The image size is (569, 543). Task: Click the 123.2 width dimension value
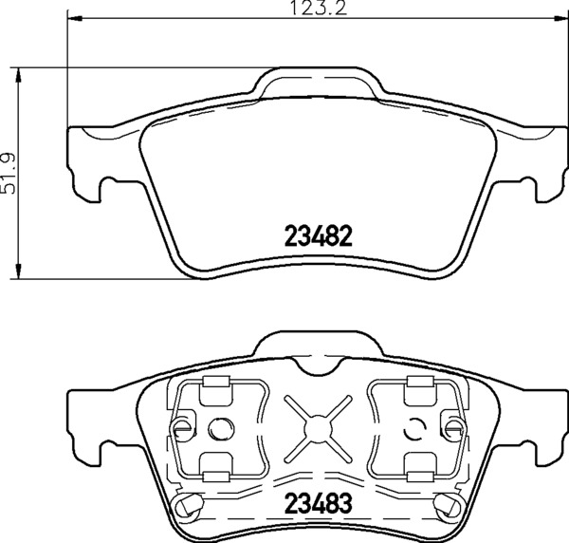coord(319,8)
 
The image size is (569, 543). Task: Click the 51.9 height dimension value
coord(9,174)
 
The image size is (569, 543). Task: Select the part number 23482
coord(319,235)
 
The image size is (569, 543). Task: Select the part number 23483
coord(319,503)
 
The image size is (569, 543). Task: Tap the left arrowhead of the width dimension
coord(75,17)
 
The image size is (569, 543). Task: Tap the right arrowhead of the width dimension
coord(560,17)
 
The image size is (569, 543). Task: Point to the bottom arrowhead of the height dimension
coord(17,271)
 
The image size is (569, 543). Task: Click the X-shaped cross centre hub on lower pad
coord(319,428)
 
